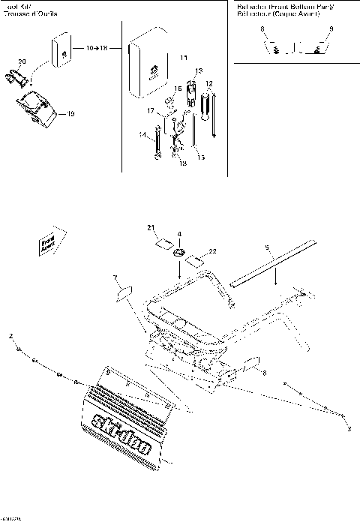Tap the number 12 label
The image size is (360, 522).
209,82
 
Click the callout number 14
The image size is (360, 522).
142,134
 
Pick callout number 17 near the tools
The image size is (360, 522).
151,111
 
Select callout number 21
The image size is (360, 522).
150,227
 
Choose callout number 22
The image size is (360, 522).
213,250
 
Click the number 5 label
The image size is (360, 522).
265,245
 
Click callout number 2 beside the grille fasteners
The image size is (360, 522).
10,331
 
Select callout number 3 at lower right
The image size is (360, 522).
349,428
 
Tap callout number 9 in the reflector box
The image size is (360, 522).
331,28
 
